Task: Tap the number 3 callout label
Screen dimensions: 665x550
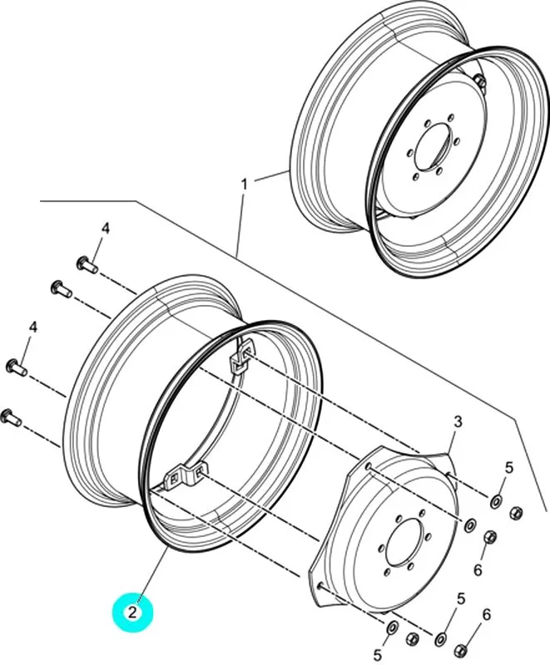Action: [x=457, y=424]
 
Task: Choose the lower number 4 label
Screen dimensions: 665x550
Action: [x=34, y=329]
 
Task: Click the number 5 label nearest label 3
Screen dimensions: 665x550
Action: [x=511, y=468]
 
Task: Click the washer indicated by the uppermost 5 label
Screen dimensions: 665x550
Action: [x=496, y=500]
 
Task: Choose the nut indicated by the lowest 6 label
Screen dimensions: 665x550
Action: [x=467, y=641]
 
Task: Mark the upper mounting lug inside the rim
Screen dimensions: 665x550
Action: [x=240, y=359]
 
